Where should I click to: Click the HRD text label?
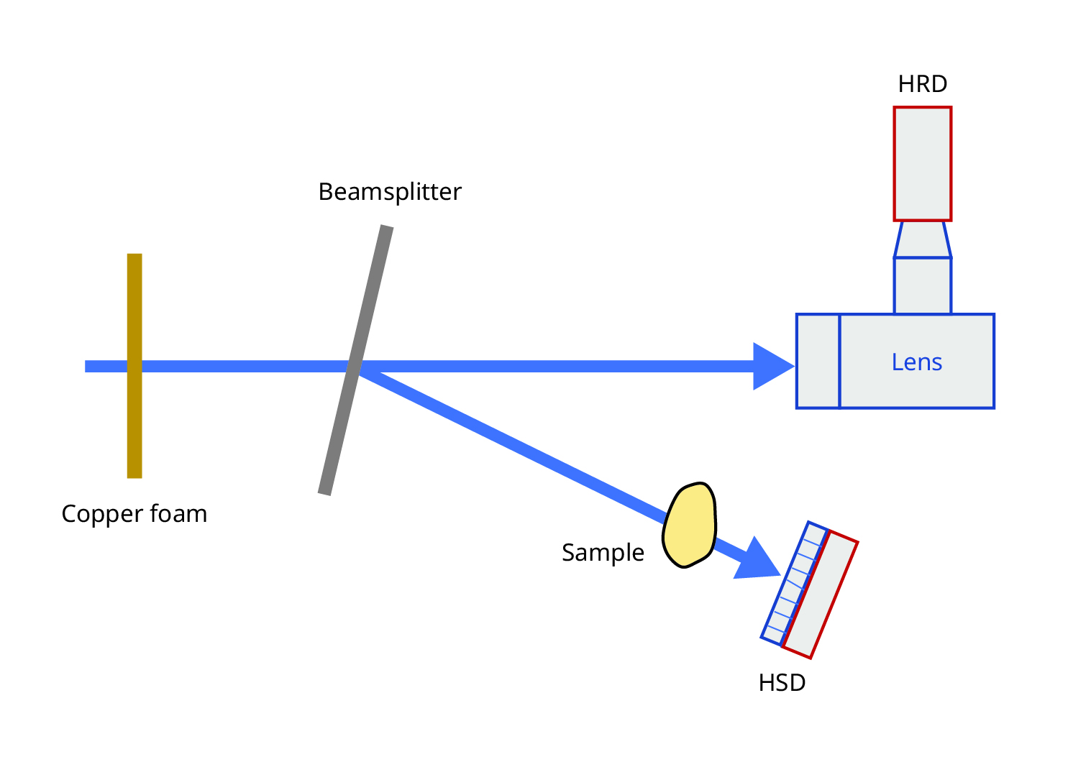coord(922,84)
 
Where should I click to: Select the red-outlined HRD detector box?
coord(922,164)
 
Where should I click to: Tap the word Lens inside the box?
coord(916,362)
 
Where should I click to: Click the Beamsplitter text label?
coord(390,193)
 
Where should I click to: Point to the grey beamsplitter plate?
coord(356,360)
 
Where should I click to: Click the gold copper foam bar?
coord(134,366)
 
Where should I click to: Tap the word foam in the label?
coord(178,514)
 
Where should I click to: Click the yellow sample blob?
coord(690,525)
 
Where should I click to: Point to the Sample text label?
coord(603,554)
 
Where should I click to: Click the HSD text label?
coord(782,683)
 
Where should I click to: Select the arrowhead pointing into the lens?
coord(773,367)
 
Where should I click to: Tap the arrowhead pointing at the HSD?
coord(759,561)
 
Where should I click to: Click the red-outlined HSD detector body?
coord(820,595)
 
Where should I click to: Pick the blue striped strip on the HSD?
coord(794,584)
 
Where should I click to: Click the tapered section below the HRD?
coord(923,239)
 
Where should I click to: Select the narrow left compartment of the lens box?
coord(818,361)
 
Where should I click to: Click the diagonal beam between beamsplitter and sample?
coord(513,447)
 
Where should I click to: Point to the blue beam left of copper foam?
coord(106,367)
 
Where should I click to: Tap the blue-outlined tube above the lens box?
coord(923,286)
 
